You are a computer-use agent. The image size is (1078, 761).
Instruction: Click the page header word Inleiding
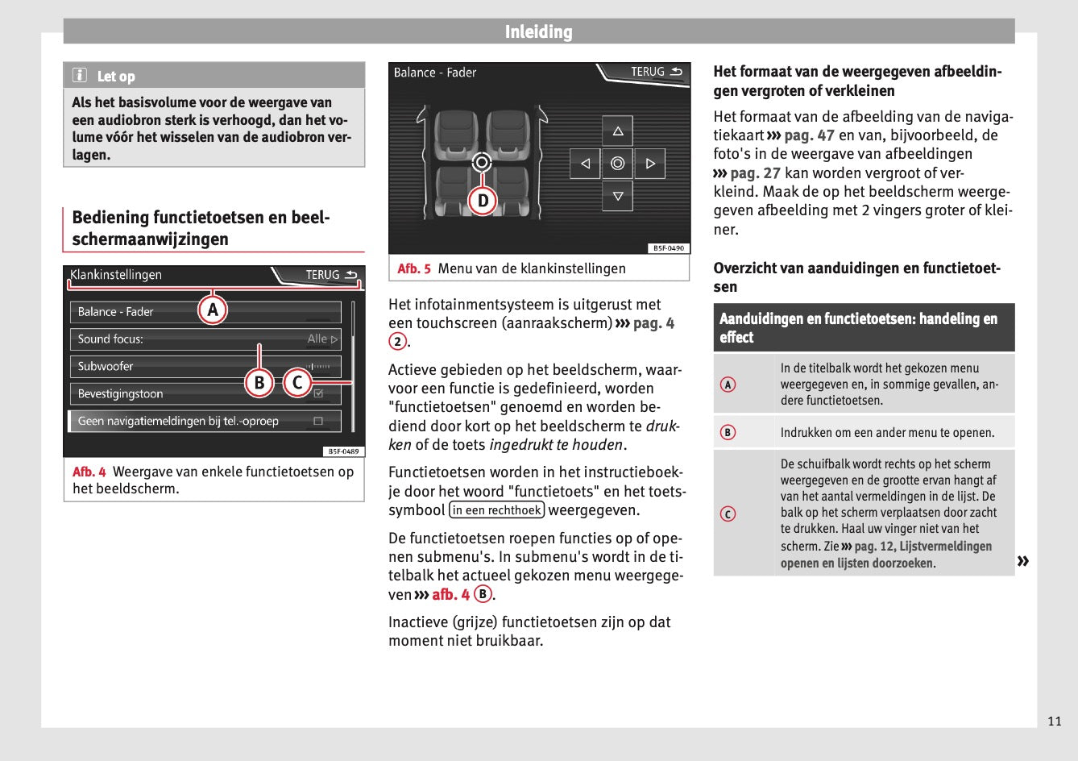point(538,32)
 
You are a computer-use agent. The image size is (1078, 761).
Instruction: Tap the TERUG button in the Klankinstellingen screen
point(330,275)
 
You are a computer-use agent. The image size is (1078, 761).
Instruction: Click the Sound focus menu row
point(205,339)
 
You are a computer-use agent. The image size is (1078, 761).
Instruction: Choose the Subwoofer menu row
point(205,367)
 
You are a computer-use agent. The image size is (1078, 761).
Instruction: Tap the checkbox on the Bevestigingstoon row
point(318,394)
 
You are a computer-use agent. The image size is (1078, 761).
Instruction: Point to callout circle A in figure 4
point(213,310)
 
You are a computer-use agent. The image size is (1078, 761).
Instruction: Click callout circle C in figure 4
point(297,382)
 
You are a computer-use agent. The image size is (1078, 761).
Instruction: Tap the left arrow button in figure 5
point(585,164)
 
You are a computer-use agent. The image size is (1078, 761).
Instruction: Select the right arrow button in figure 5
point(649,164)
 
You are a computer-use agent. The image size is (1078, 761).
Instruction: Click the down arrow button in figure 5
point(617,196)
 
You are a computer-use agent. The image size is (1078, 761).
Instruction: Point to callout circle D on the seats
point(483,200)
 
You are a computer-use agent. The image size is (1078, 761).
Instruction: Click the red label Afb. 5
point(414,268)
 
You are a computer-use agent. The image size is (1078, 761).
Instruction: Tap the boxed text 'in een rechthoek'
point(497,510)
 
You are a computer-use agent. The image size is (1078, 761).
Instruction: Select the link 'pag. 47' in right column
point(809,135)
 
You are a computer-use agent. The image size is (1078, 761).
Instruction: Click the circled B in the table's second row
point(728,433)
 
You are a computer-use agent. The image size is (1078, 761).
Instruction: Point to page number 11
point(1054,721)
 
